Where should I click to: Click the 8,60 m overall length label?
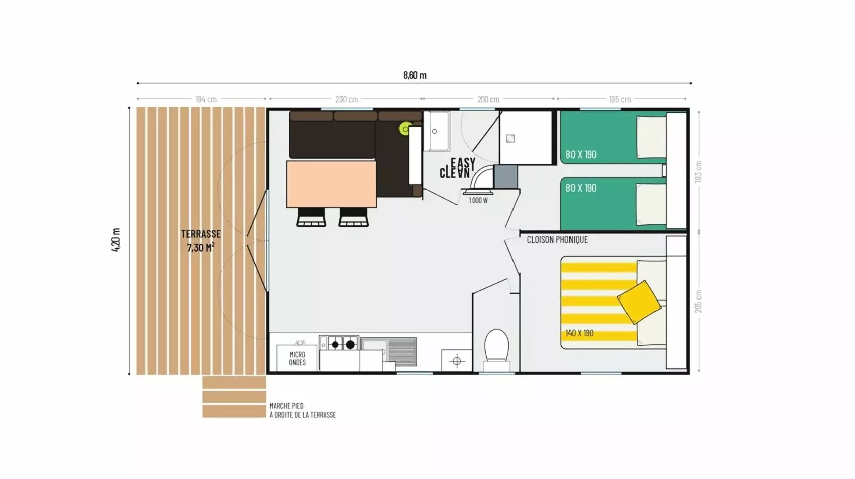pyautogui.click(x=415, y=75)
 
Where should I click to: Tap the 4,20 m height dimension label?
pyautogui.click(x=116, y=240)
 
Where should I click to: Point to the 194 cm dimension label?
pyautogui.click(x=206, y=100)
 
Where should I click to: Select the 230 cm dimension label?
pyautogui.click(x=347, y=100)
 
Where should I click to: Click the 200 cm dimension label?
pyautogui.click(x=488, y=100)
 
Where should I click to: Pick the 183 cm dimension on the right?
pyautogui.click(x=698, y=172)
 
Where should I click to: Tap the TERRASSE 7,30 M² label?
pyautogui.click(x=201, y=241)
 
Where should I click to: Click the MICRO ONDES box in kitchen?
pyautogui.click(x=297, y=358)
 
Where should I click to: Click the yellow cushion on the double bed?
pyautogui.click(x=639, y=303)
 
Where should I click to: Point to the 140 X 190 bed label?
pyautogui.click(x=580, y=333)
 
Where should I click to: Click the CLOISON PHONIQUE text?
pyautogui.click(x=557, y=239)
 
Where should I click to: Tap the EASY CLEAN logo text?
pyautogui.click(x=458, y=168)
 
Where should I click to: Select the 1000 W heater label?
pyautogui.click(x=478, y=200)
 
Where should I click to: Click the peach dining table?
pyautogui.click(x=331, y=184)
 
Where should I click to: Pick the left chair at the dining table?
pyautogui.click(x=311, y=217)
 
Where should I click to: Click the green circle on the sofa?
pyautogui.click(x=405, y=129)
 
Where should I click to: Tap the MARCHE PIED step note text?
pyautogui.click(x=303, y=411)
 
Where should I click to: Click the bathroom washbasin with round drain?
pyautogui.click(x=436, y=131)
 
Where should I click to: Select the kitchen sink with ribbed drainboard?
pyautogui.click(x=388, y=351)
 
